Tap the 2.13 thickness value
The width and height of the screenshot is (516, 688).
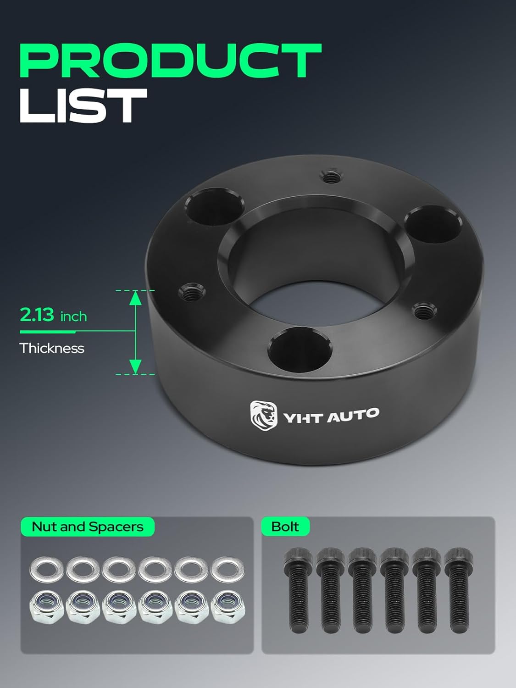[37, 315]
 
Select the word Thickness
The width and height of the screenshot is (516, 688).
[52, 348]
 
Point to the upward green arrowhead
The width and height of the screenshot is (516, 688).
[135, 298]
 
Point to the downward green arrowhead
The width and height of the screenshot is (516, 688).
[135, 366]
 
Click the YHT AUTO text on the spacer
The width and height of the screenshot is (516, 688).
[331, 416]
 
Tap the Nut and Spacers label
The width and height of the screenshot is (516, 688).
[88, 527]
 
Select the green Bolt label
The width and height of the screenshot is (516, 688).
[285, 527]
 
